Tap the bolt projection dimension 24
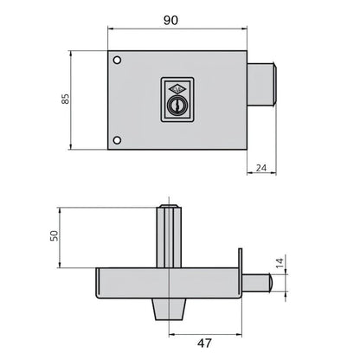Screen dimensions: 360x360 click(x=263, y=170)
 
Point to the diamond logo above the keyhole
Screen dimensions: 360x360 click(x=172, y=88)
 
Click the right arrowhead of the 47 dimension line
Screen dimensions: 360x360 click(x=241, y=332)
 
